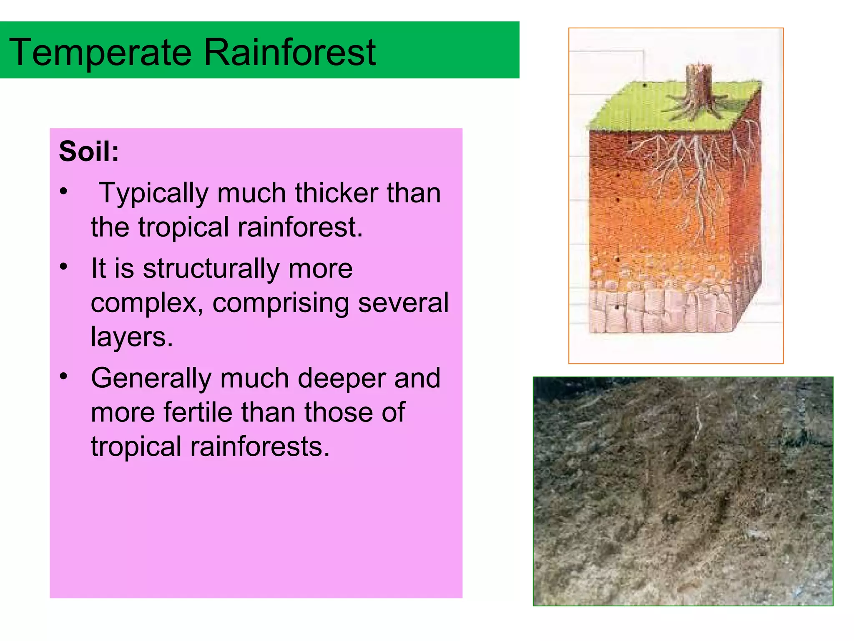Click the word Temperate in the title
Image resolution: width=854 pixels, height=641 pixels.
click(100, 53)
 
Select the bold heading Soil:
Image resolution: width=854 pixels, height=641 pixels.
click(89, 151)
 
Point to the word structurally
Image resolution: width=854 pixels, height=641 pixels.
click(211, 268)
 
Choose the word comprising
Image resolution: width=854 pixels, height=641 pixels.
click(281, 303)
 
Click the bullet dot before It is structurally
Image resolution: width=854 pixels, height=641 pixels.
click(63, 266)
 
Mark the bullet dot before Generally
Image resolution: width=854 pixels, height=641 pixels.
click(63, 376)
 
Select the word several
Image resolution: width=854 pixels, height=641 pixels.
click(403, 303)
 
